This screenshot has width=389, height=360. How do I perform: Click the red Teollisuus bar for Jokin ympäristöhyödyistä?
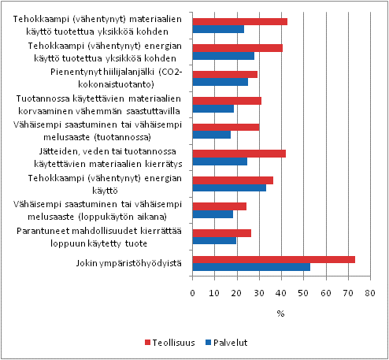click(x=273, y=259)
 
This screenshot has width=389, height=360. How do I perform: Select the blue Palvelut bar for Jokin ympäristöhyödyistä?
click(x=251, y=267)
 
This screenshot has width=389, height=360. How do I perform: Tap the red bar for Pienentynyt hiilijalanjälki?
click(x=224, y=74)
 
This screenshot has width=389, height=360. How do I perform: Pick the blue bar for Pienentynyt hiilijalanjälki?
click(x=220, y=82)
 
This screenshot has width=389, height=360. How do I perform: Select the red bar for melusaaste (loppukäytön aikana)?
click(x=219, y=206)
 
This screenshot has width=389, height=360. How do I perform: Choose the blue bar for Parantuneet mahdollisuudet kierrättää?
click(x=214, y=241)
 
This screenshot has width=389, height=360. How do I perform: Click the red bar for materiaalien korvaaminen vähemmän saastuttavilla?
click(x=227, y=101)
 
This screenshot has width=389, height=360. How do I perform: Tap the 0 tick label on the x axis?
click(x=193, y=293)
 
